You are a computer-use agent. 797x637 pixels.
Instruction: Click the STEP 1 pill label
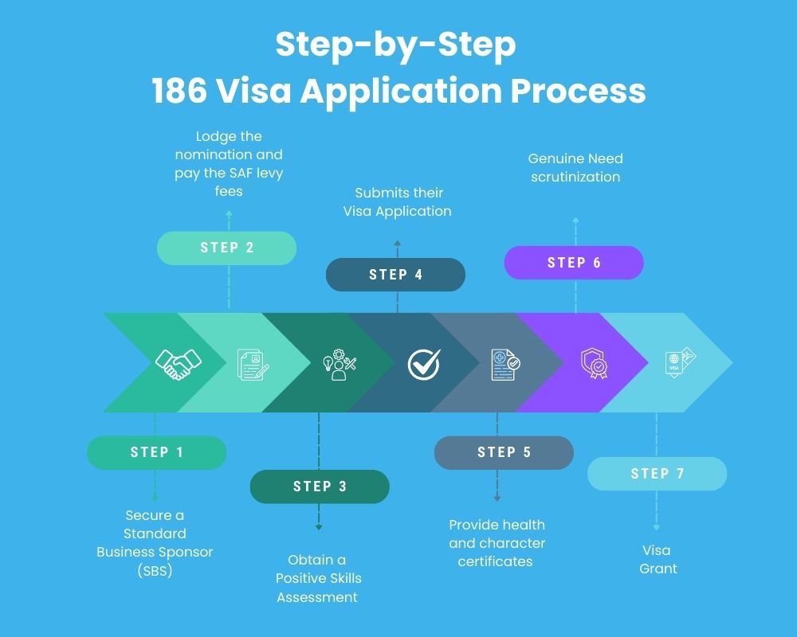coord(156,452)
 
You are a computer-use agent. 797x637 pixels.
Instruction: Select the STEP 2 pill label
coord(227,248)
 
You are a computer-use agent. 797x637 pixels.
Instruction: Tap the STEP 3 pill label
coord(320,487)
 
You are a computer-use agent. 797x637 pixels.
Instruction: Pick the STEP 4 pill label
coord(395,275)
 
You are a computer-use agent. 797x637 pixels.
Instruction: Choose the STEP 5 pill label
coord(504,452)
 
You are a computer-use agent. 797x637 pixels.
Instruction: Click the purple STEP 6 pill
coord(574,263)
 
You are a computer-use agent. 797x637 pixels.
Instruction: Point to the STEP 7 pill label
coord(657,474)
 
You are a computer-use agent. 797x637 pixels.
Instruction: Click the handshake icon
coord(178,364)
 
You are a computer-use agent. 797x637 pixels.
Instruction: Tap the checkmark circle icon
coord(423,364)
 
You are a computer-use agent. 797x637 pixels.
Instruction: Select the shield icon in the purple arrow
coord(594,364)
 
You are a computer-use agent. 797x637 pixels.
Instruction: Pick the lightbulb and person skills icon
coord(339,364)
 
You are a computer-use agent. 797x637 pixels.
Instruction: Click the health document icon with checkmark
coord(505,364)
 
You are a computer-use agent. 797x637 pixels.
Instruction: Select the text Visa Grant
coord(657,559)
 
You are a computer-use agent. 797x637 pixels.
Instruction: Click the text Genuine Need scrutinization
coord(575,167)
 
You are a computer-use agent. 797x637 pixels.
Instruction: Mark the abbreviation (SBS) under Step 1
coord(155,569)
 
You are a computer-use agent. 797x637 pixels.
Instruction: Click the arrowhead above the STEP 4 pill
coord(397,243)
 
